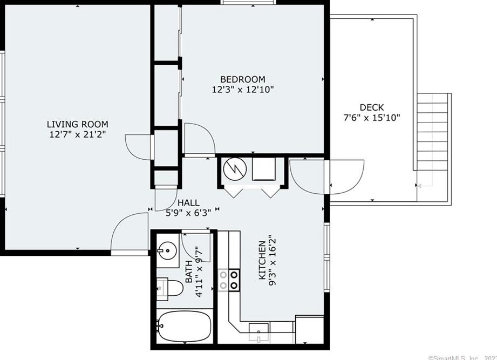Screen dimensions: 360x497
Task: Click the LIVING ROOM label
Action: (77, 124)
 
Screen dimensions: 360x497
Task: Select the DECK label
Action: (372, 107)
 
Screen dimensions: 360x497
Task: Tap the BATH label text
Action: (189, 274)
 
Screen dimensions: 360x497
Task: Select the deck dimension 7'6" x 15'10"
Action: (372, 117)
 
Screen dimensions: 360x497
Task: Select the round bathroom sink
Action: (167, 250)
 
